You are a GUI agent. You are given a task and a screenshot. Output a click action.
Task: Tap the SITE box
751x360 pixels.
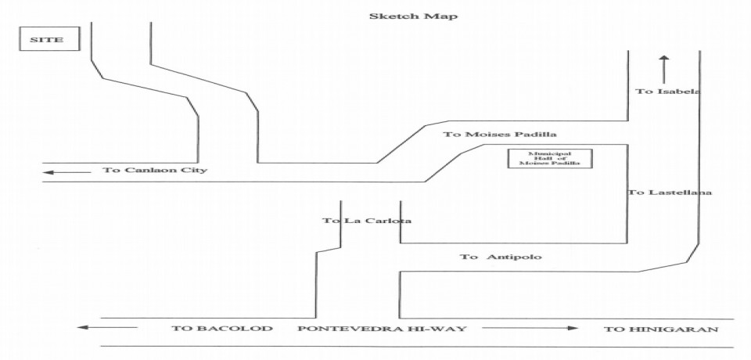coord(50,39)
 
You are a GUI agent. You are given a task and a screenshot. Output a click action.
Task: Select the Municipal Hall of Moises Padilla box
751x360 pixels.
coord(550,159)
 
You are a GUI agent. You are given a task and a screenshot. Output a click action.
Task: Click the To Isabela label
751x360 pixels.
coord(666,92)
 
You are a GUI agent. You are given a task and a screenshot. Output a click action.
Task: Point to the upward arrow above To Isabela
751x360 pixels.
coord(663,68)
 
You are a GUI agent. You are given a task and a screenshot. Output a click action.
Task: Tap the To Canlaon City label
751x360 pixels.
coord(154,170)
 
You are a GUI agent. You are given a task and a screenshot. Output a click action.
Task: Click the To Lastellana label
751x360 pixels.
coord(670,193)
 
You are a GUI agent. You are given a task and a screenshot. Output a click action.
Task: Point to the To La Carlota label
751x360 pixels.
coord(367,221)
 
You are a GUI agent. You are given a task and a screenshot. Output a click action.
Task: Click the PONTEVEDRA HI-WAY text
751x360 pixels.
coord(382,329)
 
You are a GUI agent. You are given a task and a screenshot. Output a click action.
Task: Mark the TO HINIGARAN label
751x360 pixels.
coord(661,329)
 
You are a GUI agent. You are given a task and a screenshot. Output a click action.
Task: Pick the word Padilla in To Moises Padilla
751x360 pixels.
coord(538,135)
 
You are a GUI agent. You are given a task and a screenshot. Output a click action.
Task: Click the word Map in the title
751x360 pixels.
coord(443,16)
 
